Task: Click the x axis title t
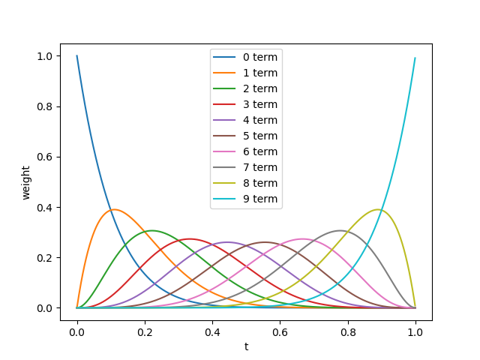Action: (x=246, y=346)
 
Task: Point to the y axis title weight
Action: (x=26, y=182)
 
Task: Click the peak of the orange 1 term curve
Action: (x=114, y=209)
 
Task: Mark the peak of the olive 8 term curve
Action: (x=378, y=209)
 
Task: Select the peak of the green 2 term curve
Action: (x=151, y=230)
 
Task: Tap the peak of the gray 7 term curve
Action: (x=340, y=230)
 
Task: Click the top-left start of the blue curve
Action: (x=76, y=55)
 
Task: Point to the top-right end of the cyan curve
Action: (x=415, y=58)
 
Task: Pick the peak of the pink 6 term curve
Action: (x=302, y=239)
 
